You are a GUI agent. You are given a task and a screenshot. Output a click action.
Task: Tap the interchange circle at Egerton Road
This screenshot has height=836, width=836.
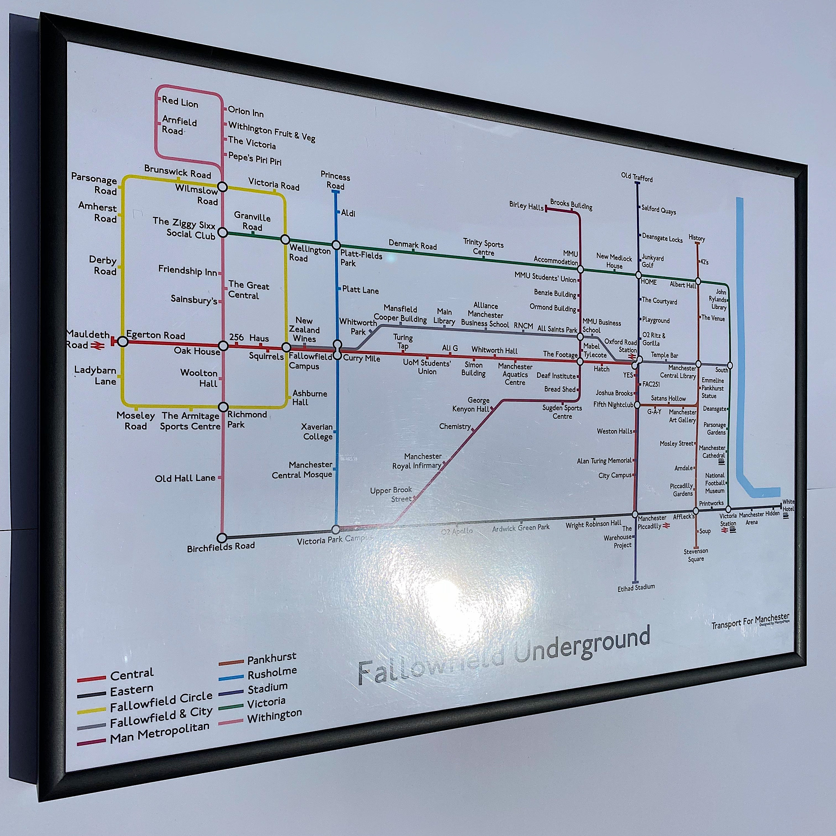[x=123, y=342]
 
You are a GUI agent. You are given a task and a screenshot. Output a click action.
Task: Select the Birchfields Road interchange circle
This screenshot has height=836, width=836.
[x=222, y=538]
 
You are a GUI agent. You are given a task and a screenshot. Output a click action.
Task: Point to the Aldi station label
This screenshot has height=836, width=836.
[x=348, y=213]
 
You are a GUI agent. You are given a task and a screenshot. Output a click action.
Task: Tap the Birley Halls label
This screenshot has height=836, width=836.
[x=526, y=206]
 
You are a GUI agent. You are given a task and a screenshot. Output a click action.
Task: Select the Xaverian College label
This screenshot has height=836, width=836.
[x=317, y=431]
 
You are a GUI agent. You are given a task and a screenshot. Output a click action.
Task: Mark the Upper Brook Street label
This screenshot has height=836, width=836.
[x=391, y=494]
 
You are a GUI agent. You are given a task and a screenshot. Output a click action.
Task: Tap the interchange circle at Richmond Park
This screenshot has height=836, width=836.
[x=223, y=407]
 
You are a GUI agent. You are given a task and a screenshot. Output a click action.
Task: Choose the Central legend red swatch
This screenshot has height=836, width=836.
[x=91, y=679]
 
